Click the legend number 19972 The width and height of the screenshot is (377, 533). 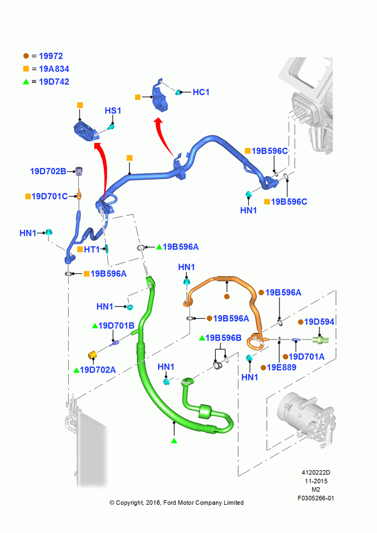pos(51,56)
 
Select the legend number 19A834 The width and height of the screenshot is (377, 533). pos(54,69)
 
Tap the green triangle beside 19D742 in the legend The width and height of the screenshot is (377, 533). pos(26,82)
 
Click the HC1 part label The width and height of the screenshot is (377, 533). pos(201,92)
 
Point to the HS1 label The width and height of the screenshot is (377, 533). pos(113,111)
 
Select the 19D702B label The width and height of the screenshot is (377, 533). pos(48,171)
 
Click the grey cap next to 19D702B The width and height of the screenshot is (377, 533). pos(79,171)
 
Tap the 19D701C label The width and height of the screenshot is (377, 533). pos(50,197)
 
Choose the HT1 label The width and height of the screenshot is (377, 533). pos(92,249)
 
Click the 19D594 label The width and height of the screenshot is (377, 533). pos(319,322)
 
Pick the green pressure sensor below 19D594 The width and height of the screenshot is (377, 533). pos(320,340)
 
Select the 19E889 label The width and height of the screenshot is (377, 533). pos(282,367)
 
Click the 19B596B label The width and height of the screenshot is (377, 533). pos(224,338)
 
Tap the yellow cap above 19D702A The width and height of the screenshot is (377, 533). pos(93,355)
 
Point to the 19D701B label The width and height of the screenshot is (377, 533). pos(117,326)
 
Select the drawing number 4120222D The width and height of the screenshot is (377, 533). pos(316,472)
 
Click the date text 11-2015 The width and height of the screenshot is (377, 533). pos(316,481)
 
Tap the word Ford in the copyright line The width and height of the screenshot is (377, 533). pos(170,503)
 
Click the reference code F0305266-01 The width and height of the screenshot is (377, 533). pos(316,498)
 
